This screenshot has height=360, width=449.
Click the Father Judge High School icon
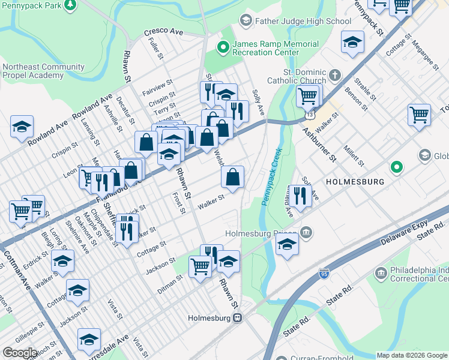(246, 22)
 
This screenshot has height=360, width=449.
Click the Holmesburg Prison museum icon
(306, 232)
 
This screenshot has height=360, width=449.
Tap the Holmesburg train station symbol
(238, 318)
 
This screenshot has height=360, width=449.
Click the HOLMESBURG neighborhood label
(354, 181)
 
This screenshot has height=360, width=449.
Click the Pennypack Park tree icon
(71, 5)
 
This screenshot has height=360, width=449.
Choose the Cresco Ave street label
(163, 32)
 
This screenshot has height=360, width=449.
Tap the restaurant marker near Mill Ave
(300, 196)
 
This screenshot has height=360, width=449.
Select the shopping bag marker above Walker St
(232, 177)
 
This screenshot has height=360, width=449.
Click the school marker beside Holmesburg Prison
(288, 244)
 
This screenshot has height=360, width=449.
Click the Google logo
(20, 352)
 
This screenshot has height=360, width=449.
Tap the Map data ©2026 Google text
(411, 355)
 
